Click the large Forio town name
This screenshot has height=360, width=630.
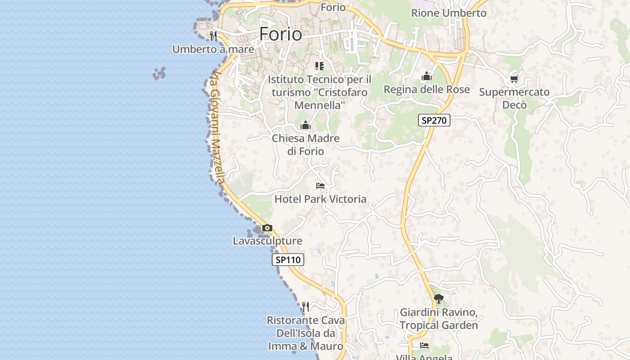[x=281, y=34]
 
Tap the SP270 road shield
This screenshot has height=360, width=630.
[x=434, y=120]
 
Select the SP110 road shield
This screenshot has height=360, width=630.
[x=288, y=260]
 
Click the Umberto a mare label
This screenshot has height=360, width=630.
[x=213, y=49]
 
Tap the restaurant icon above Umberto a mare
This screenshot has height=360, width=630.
[x=213, y=36]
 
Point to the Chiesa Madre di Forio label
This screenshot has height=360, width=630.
[x=306, y=144]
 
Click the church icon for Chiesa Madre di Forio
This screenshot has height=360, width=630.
[x=306, y=125]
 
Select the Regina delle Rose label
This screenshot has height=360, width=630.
[x=426, y=90]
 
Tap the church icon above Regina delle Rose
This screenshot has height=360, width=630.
[x=426, y=76]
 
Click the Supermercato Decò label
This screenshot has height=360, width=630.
[x=514, y=98]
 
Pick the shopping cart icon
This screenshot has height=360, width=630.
[x=514, y=79]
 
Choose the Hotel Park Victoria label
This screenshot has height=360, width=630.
[x=320, y=199]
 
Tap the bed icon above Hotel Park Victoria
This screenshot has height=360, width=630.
[x=320, y=185]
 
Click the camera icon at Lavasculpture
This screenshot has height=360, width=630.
[x=267, y=228]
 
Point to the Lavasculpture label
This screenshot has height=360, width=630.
[x=267, y=241]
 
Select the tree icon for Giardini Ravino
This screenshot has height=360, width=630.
[x=438, y=298]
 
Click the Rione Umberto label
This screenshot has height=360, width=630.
[x=449, y=13]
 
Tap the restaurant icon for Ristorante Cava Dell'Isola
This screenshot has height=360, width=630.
[x=306, y=307]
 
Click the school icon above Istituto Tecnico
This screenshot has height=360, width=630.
[x=319, y=66]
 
